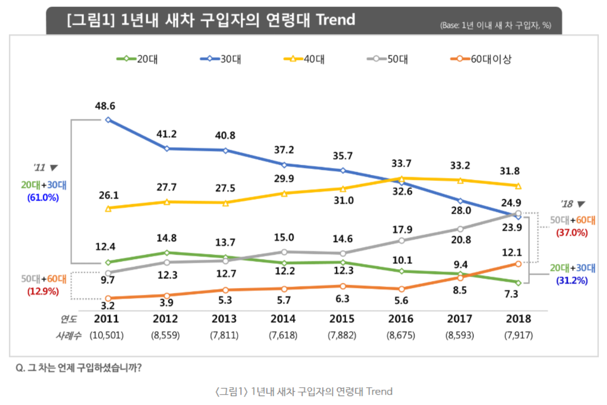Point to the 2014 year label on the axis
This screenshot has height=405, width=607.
(x=283, y=319)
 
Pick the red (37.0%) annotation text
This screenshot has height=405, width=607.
(x=572, y=232)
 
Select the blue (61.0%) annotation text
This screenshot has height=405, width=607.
(x=43, y=197)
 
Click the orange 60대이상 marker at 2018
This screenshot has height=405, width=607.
(x=518, y=264)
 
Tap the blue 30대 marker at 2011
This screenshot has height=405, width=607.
(x=108, y=119)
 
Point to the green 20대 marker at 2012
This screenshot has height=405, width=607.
(x=167, y=253)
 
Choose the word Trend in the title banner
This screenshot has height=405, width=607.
(x=335, y=20)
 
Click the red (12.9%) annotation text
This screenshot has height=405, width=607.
(x=43, y=291)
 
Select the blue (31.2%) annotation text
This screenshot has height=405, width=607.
(x=572, y=280)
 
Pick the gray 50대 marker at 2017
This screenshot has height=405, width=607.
(x=460, y=229)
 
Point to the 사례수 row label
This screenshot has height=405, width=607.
(x=67, y=335)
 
